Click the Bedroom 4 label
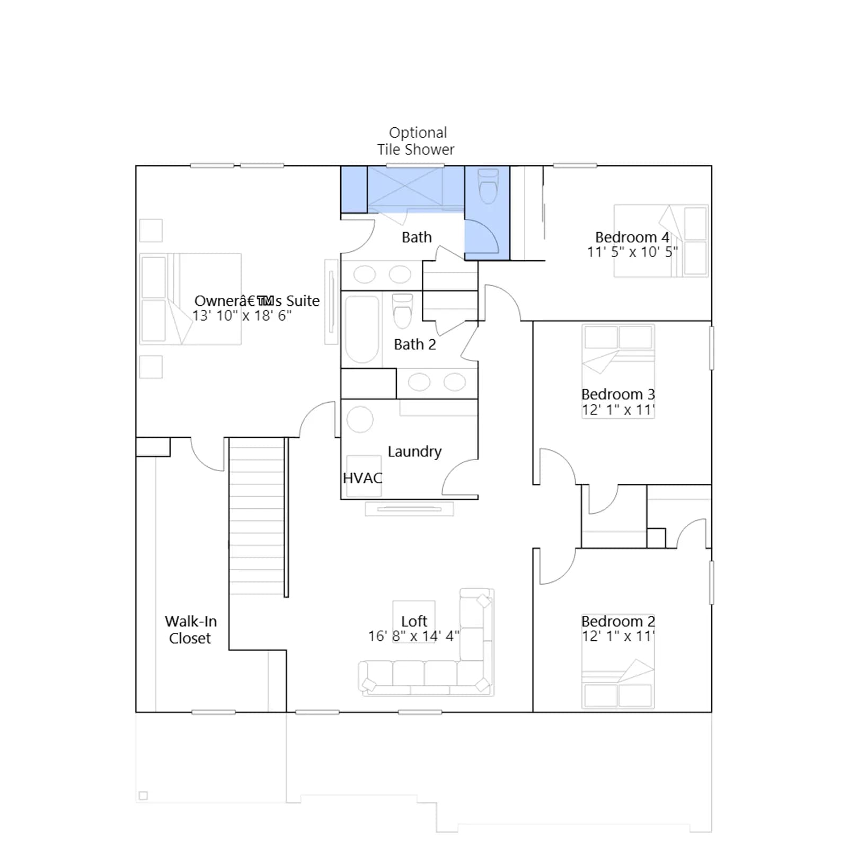[x=632, y=237]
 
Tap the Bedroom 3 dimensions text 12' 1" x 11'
[x=618, y=410]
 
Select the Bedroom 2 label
[x=618, y=621]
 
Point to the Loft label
[x=414, y=621]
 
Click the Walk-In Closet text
[x=191, y=630]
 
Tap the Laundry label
[x=414, y=452]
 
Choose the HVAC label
[x=363, y=478]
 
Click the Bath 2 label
[x=414, y=344]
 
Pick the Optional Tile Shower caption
[x=416, y=141]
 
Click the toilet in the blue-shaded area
[x=488, y=186]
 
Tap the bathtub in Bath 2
[x=362, y=329]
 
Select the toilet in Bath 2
[x=403, y=311]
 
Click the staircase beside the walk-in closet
[x=257, y=517]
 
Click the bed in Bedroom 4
[x=661, y=241]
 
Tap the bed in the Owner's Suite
[x=190, y=299]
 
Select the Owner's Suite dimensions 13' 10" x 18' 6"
[x=242, y=316]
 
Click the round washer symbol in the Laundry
[x=360, y=420]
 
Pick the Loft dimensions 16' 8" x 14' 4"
[x=414, y=636]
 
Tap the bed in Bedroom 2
[x=618, y=684]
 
